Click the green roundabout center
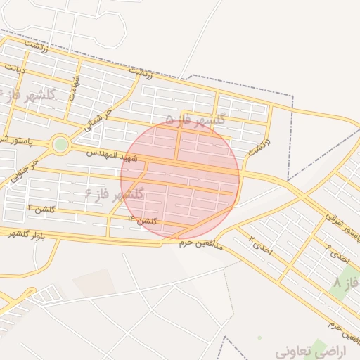[60, 145]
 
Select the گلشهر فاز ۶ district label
[115, 193]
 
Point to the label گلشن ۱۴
[143, 221]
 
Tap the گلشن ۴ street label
[41, 209]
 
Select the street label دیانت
[15, 70]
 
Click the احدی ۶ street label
[337, 253]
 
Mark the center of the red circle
[180, 180]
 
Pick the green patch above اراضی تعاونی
[320, 346]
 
